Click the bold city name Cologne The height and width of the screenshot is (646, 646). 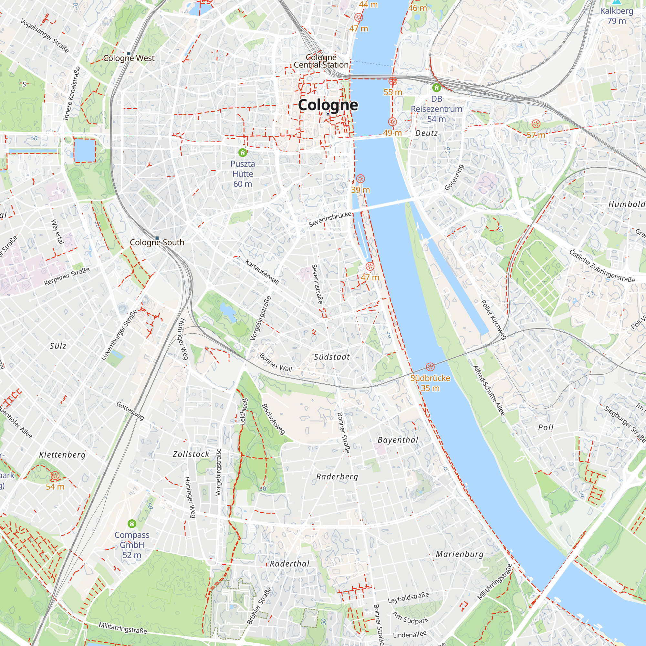(x=328, y=105)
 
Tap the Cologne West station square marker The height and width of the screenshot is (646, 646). (x=129, y=54)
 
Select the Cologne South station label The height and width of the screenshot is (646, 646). (x=157, y=243)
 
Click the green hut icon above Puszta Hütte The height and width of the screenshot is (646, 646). (x=243, y=153)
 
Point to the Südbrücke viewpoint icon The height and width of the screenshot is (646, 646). (x=430, y=367)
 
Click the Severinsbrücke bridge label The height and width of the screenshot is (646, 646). (x=330, y=219)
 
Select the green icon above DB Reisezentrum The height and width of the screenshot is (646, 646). (x=436, y=88)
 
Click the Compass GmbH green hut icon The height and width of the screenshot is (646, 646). (x=132, y=523)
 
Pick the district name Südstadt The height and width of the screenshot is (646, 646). (x=332, y=357)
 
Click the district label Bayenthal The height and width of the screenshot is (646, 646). (x=398, y=440)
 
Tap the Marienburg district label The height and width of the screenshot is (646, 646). (x=459, y=554)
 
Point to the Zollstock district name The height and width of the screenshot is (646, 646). (x=191, y=454)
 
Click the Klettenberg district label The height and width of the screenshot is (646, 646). (x=62, y=455)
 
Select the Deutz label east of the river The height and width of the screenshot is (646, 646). (x=426, y=133)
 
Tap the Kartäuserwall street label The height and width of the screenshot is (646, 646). (x=262, y=272)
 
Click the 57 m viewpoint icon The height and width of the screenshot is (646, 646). (x=536, y=124)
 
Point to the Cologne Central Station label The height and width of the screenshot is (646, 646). (x=321, y=61)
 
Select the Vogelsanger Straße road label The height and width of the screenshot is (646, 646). (x=45, y=36)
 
